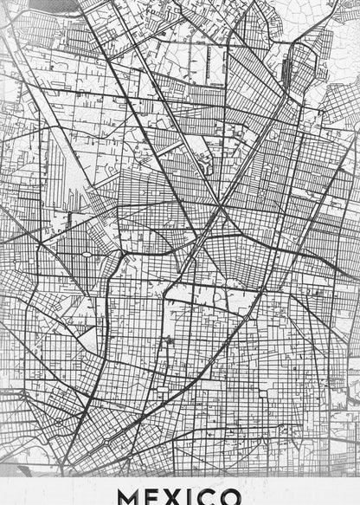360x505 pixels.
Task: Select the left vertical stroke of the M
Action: (122, 496)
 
